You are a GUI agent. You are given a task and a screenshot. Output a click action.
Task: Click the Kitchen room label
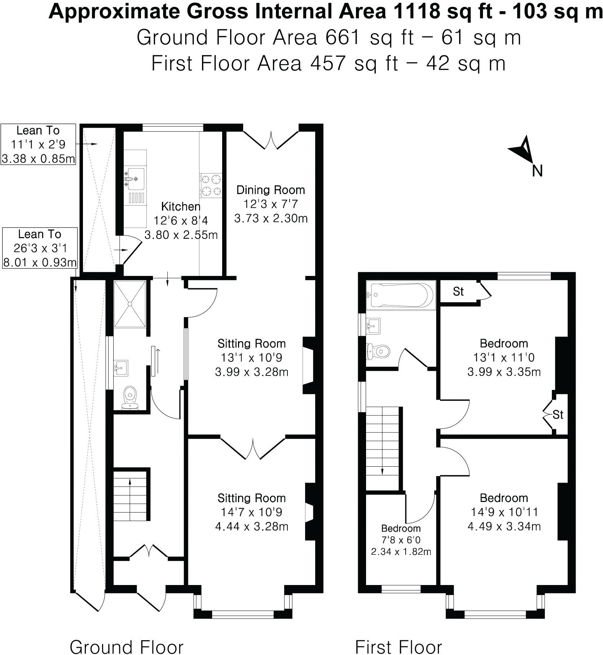click(181, 207)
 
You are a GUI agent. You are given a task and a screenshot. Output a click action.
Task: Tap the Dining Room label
click(270, 190)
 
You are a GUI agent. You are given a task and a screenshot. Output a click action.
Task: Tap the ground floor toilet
click(130, 398)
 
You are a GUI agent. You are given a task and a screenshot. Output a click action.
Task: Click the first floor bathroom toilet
click(377, 351)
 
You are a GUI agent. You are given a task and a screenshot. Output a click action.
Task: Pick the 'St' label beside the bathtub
click(458, 291)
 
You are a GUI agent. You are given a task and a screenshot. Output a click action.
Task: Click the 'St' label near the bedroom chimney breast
click(558, 415)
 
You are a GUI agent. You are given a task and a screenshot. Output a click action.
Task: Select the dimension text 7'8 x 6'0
click(401, 540)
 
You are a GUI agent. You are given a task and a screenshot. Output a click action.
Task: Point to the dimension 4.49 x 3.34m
click(504, 527)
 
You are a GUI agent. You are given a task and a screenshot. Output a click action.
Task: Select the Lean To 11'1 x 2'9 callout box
click(38, 144)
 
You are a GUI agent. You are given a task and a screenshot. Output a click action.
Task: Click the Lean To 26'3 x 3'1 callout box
click(40, 248)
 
